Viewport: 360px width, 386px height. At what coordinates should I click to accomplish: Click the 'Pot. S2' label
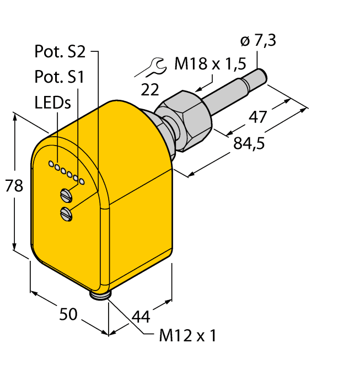[60, 52]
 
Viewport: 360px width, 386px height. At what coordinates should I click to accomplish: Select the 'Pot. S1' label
[59, 78]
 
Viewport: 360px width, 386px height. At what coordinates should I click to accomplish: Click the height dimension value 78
[14, 186]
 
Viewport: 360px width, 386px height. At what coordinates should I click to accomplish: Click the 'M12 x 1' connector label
[187, 336]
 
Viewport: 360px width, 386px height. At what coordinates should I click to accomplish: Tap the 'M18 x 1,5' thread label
[209, 65]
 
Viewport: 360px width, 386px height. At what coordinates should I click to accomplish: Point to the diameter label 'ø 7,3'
[259, 40]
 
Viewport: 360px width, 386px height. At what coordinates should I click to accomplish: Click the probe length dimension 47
[257, 117]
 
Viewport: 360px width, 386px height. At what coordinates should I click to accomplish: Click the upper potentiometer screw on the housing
[66, 194]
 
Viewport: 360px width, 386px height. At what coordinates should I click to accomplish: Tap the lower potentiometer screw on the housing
[67, 213]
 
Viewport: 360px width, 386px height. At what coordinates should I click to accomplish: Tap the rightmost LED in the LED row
[82, 181]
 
